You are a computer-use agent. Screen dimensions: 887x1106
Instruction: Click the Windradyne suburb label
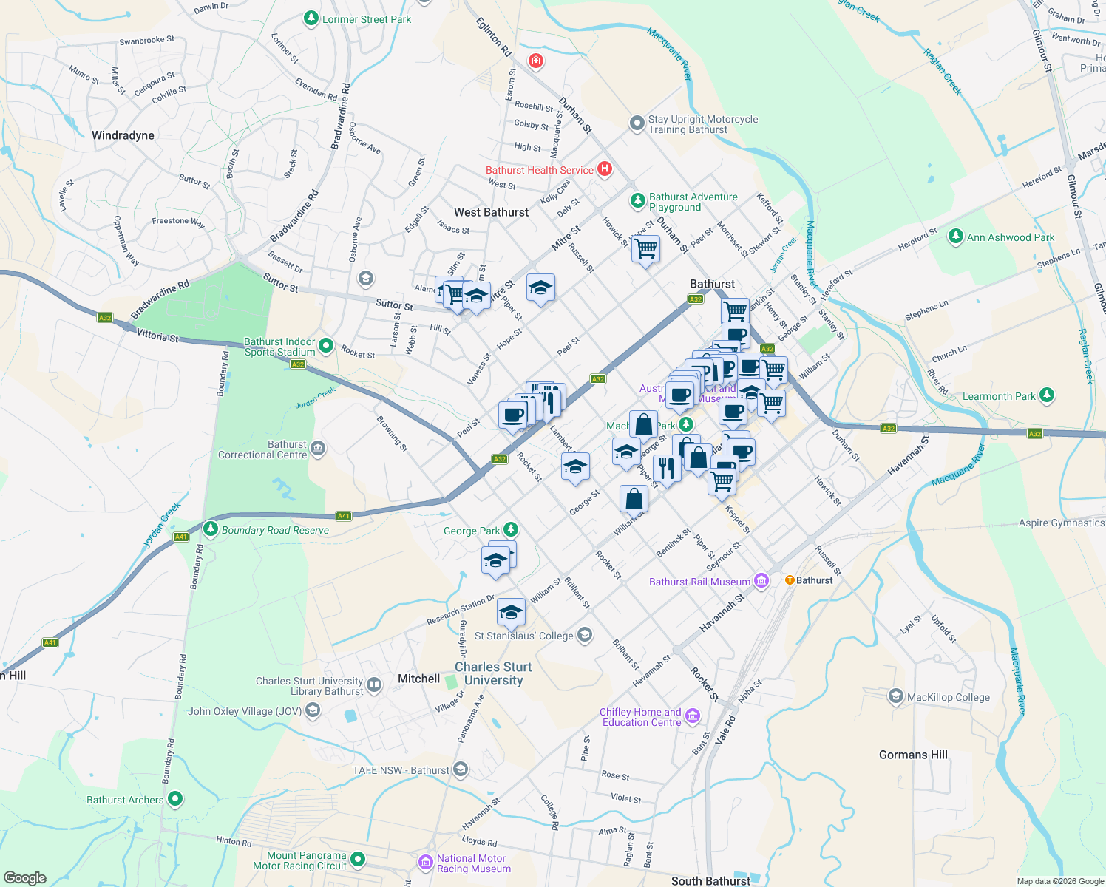click(123, 135)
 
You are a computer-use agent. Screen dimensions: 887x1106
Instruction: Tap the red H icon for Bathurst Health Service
click(605, 169)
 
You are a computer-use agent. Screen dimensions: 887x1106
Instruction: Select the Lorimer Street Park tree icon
click(311, 18)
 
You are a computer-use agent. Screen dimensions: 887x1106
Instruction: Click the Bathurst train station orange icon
click(790, 580)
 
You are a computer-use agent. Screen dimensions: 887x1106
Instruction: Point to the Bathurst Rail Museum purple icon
click(761, 581)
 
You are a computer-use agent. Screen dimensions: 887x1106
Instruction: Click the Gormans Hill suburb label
click(913, 755)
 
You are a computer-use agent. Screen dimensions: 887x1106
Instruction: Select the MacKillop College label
click(948, 697)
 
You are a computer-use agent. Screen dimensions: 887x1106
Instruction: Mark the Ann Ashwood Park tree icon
click(956, 237)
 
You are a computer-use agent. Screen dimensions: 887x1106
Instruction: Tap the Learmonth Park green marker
click(1046, 395)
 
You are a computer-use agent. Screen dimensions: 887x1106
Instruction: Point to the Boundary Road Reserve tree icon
click(211, 529)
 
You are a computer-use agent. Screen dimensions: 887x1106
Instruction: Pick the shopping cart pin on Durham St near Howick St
click(645, 249)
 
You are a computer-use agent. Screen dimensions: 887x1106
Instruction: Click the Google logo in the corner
click(24, 878)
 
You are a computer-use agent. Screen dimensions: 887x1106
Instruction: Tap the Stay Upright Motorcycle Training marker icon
click(637, 123)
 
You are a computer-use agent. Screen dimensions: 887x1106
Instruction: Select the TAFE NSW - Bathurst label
click(401, 770)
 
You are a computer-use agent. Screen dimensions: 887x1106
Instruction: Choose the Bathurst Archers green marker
click(175, 799)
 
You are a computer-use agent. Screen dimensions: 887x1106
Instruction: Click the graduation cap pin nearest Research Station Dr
click(511, 613)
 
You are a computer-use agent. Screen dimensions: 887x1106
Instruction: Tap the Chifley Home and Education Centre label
click(640, 717)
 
